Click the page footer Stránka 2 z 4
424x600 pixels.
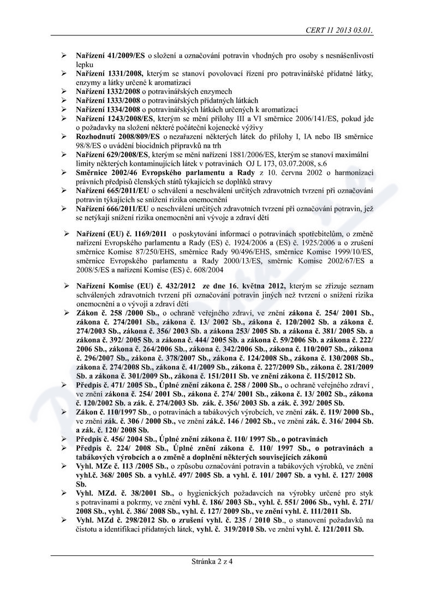click(212, 560)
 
